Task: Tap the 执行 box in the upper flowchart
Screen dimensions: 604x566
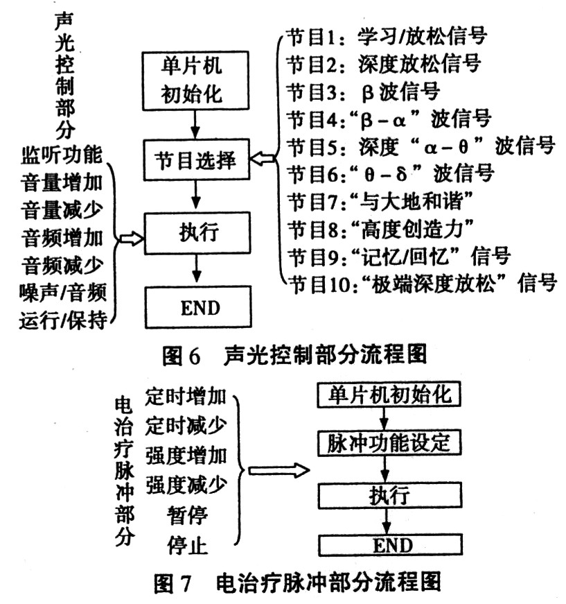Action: click(x=197, y=234)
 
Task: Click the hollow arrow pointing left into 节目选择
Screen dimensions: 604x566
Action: click(x=263, y=161)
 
